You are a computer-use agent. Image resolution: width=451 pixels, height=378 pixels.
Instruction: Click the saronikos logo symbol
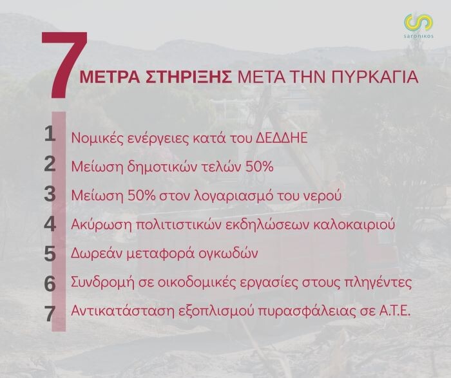coord(419,23)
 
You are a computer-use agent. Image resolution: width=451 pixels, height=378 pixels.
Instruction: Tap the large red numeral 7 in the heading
coord(64,65)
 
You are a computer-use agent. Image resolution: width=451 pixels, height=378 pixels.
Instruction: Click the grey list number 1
coord(50,134)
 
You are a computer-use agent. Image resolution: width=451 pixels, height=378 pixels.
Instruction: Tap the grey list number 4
coord(50,224)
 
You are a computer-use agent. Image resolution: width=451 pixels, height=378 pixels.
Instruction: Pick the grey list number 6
coord(50,284)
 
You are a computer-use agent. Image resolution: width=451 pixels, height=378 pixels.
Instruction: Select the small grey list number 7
coord(50,314)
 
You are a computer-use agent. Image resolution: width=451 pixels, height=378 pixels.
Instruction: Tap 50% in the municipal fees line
coord(260,167)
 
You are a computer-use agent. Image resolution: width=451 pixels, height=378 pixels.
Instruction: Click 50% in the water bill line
coord(139,196)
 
